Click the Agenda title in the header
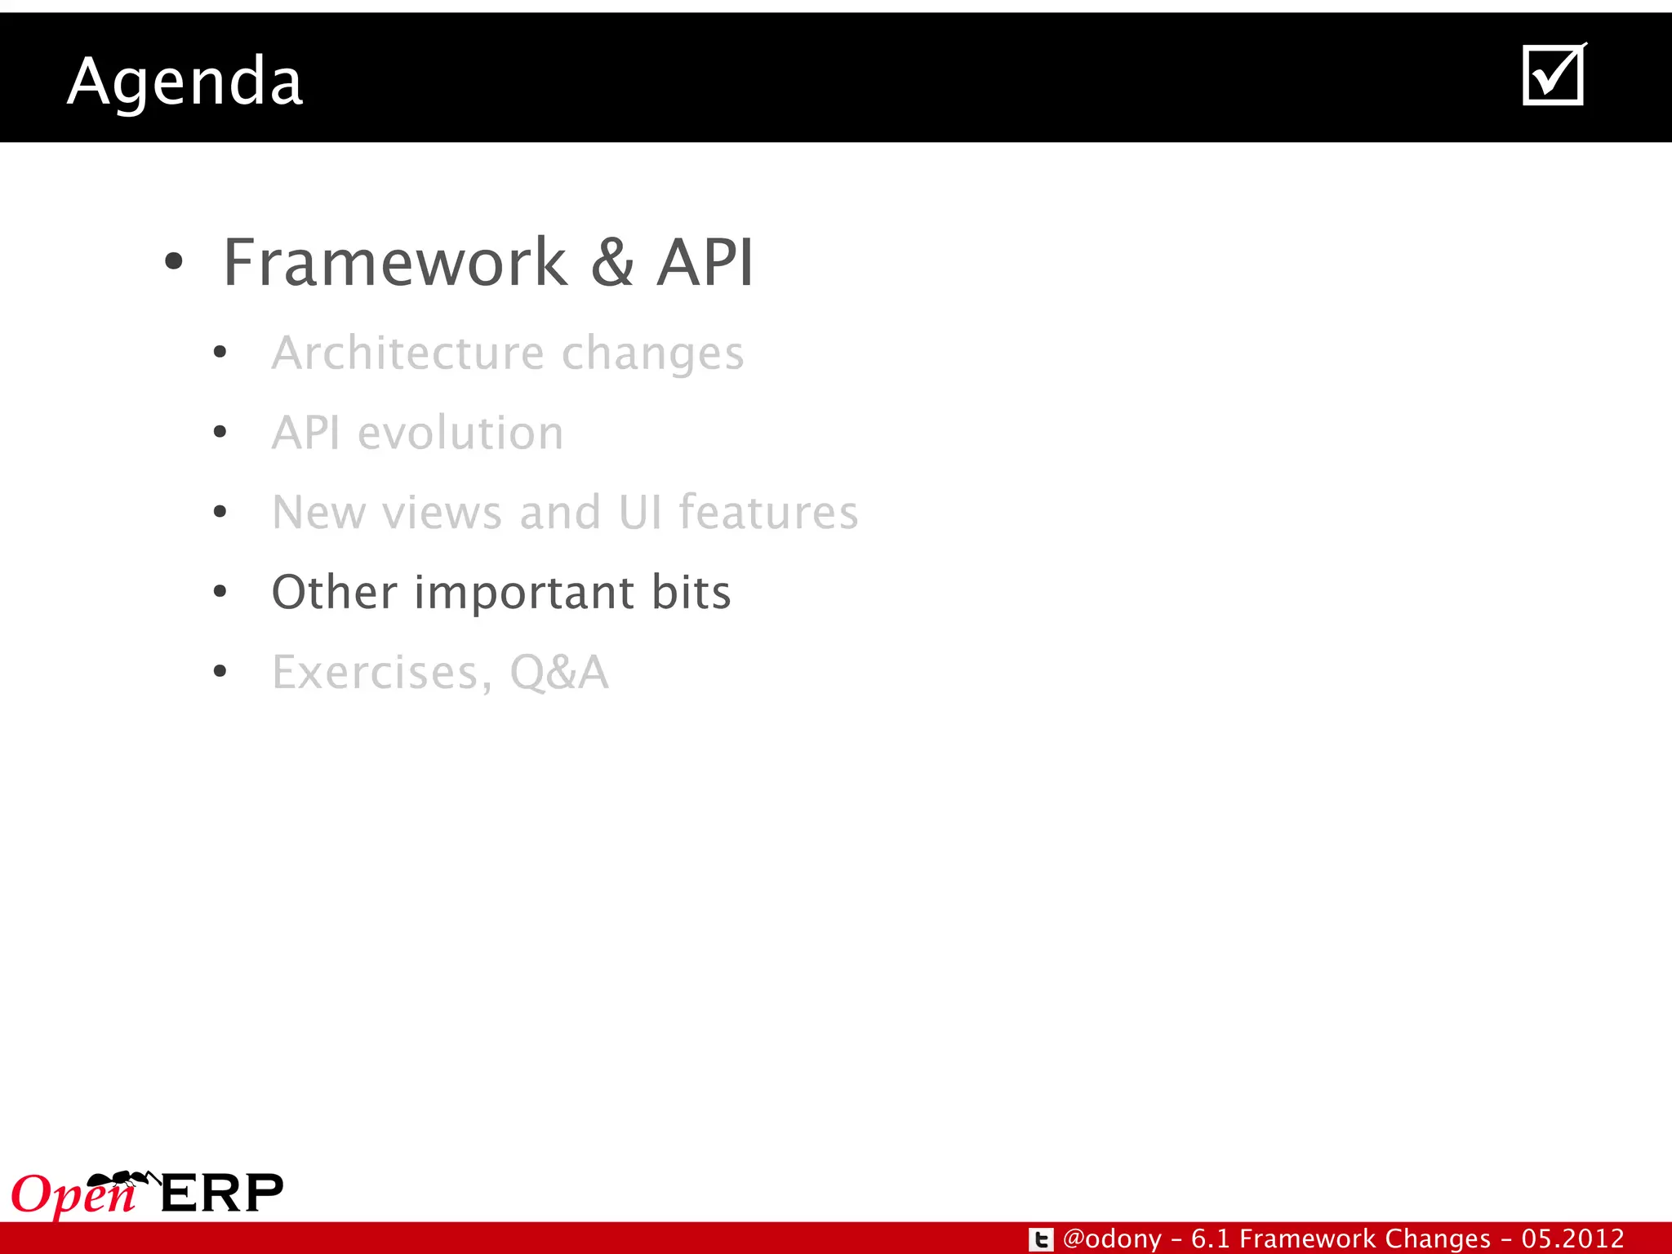[x=185, y=82]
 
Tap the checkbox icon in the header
[x=1553, y=75]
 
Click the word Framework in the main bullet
[x=395, y=263]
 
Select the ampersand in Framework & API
[x=612, y=263]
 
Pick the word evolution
[x=460, y=433]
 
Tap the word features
[x=768, y=512]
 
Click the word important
[x=524, y=594]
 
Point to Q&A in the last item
[x=559, y=673]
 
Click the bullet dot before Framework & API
[x=173, y=263]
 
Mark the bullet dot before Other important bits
[x=220, y=592]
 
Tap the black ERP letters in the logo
[x=222, y=1194]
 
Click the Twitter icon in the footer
[x=1041, y=1239]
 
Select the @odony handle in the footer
[x=1112, y=1238]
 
